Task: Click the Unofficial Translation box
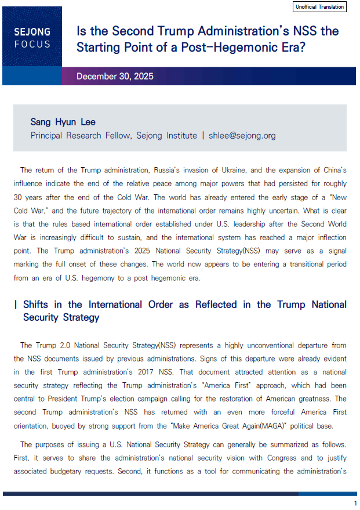pos(320,7)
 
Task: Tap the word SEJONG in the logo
pos(32,32)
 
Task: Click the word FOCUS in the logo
pos(32,44)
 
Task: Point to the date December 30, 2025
pos(115,77)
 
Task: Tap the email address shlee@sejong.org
pos(242,136)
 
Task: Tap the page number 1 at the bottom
pos(355,502)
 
